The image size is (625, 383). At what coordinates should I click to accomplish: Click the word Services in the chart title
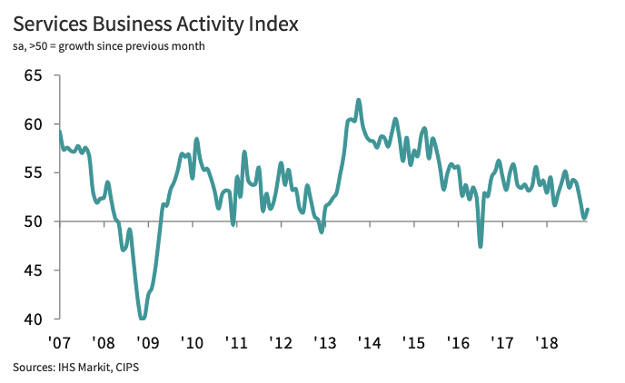coord(51,23)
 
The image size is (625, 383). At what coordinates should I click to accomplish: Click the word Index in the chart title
coord(270,23)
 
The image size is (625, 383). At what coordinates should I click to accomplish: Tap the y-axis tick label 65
coord(35,75)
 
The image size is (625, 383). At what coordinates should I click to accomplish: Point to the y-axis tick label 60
coord(35,124)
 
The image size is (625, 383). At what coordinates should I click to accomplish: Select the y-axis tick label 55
coord(35,172)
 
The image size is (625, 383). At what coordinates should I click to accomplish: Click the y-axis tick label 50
coord(35,221)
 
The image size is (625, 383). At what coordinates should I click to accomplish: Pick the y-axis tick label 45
coord(35,270)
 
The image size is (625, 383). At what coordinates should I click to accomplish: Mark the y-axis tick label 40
coord(35,319)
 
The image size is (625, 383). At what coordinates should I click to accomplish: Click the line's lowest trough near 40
coord(143,319)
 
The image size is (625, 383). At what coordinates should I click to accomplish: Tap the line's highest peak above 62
coord(358,100)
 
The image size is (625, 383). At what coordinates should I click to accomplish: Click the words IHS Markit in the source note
coord(82,368)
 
